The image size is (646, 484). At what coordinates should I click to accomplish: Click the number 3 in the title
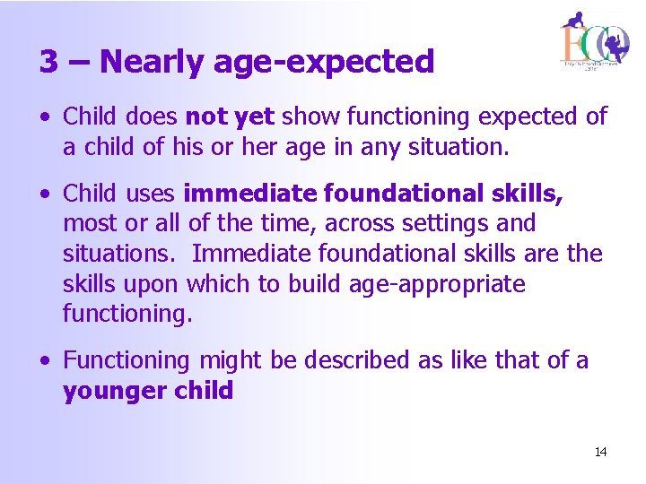[50, 62]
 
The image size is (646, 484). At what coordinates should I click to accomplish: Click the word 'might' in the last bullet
[226, 360]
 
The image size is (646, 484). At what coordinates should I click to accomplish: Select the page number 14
[600, 453]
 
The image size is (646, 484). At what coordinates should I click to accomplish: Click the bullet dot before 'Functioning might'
[45, 361]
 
